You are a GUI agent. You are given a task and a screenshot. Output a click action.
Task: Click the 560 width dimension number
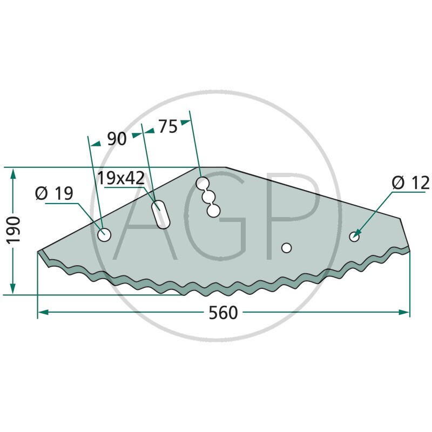click(223, 313)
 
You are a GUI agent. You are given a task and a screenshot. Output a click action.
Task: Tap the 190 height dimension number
click(14, 231)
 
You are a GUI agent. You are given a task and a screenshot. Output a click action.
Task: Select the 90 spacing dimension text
click(117, 139)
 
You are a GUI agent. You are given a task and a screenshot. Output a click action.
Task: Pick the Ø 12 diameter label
click(410, 183)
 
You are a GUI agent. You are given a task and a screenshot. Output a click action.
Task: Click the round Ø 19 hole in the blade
click(104, 235)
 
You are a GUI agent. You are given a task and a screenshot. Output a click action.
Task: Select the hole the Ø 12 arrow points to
click(355, 236)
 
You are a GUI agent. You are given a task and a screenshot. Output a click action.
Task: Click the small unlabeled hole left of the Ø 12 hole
click(286, 247)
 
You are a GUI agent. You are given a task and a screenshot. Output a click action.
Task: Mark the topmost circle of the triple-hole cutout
click(203, 183)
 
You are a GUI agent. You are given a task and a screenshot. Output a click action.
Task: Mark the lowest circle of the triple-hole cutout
click(213, 210)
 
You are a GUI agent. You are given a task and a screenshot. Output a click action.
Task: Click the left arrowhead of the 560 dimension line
click(42, 312)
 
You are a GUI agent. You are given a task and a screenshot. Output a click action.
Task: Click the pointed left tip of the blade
click(38, 252)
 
